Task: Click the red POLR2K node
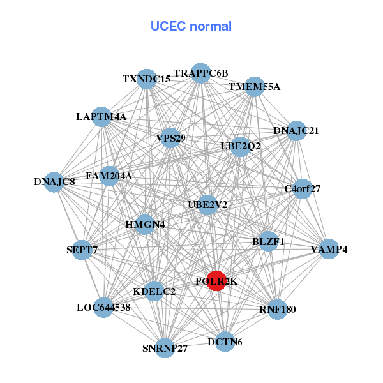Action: [217, 281]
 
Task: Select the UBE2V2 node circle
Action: [206, 205]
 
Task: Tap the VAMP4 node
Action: [328, 249]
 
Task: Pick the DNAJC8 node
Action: [56, 181]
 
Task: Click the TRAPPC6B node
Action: [201, 73]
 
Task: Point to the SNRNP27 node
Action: [165, 348]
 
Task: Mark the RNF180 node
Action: [277, 310]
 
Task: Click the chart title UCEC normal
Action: [191, 26]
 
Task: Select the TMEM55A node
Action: [255, 87]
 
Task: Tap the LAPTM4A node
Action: [101, 117]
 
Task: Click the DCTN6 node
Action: [225, 342]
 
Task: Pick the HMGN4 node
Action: [145, 225]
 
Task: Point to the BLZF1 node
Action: [268, 241]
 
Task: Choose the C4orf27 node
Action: [302, 189]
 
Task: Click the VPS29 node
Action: [170, 138]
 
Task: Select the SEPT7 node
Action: [82, 250]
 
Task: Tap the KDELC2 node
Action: [154, 292]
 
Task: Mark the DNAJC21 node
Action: [296, 131]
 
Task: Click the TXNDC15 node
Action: [147, 79]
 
